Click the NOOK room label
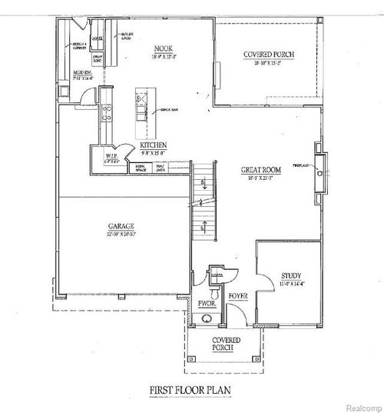click(x=161, y=47)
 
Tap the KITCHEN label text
click(x=154, y=144)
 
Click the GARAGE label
click(x=121, y=226)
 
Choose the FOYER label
click(x=237, y=293)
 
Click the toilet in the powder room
click(x=216, y=292)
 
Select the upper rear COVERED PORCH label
click(x=269, y=54)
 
